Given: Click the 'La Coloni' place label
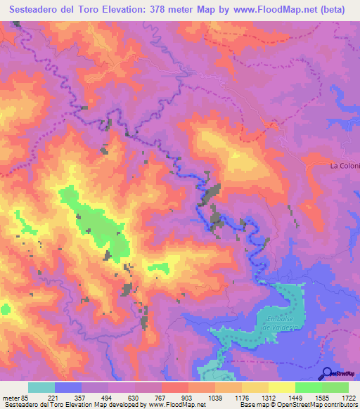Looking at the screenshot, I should tap(345, 166).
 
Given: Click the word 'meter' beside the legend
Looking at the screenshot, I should tap(11, 397).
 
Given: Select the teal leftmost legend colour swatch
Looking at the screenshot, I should tap(41, 387).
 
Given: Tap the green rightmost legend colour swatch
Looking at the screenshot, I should tap(335, 387).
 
